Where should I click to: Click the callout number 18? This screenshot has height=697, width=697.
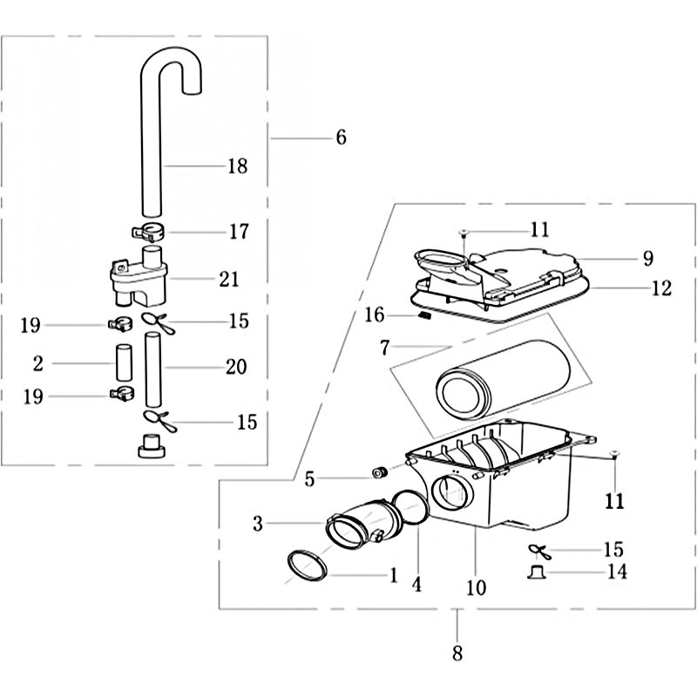237,166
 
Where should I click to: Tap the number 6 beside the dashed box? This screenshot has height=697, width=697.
341,138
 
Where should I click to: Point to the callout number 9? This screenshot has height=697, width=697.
647,258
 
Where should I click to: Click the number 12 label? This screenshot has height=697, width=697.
662,288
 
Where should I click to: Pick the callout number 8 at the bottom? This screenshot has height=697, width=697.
458,652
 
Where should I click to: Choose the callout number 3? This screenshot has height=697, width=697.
258,524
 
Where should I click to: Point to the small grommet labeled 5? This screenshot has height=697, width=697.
379,473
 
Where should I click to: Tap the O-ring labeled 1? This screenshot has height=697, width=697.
306,565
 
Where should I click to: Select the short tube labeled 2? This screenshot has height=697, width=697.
123,361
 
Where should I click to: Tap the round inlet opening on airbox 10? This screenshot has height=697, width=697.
453,492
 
